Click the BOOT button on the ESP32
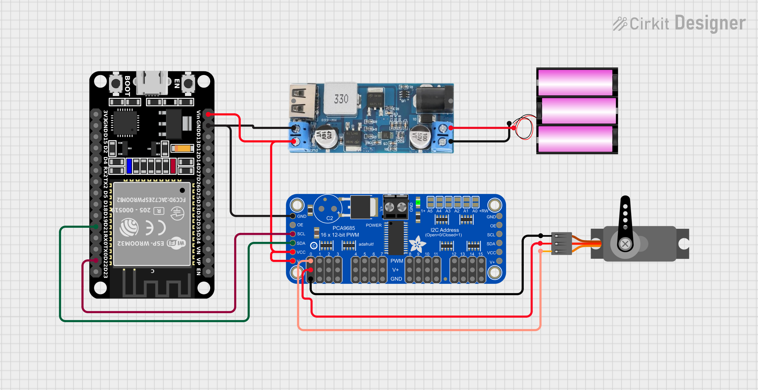pyautogui.click(x=116, y=83)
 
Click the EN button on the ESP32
pyautogui.click(x=188, y=83)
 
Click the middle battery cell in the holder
pyautogui.click(x=578, y=111)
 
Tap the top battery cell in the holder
pyautogui.click(x=575, y=82)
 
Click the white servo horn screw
pyautogui.click(x=625, y=244)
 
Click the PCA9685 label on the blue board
pyautogui.click(x=344, y=228)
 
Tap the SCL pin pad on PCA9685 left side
pyautogui.click(x=293, y=234)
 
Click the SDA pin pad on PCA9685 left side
pyautogui.click(x=293, y=243)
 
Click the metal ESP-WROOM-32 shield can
pyautogui.click(x=152, y=224)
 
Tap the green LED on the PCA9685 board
pyautogui.click(x=418, y=202)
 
